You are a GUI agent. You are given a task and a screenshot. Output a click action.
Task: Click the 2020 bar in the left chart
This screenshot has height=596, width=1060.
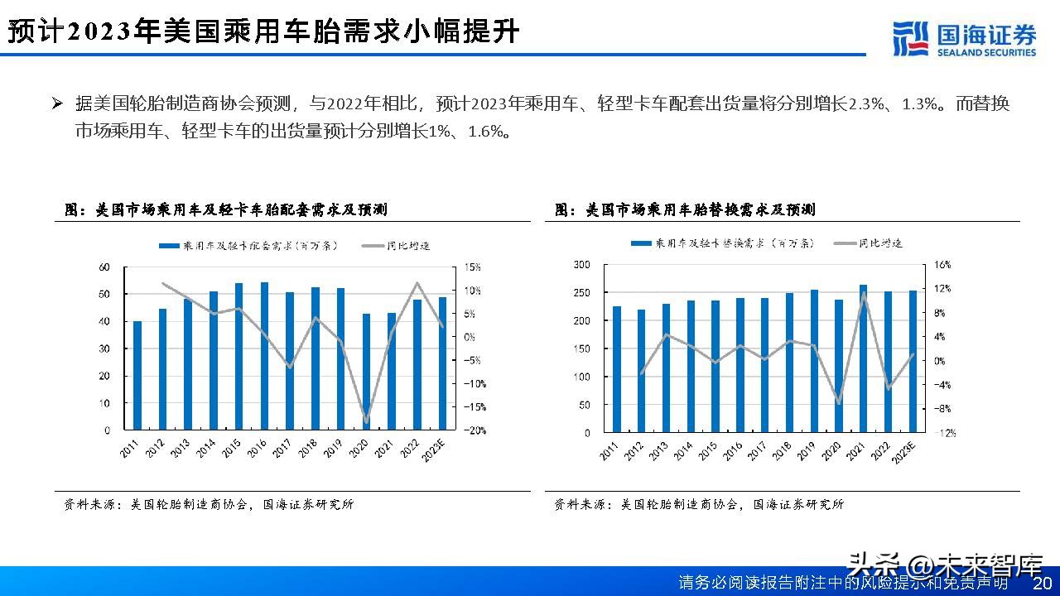point(366,372)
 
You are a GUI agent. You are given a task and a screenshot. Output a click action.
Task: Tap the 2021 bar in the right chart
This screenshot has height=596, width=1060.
point(863,358)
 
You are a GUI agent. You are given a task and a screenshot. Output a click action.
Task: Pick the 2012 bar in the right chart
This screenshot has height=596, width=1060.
point(641,371)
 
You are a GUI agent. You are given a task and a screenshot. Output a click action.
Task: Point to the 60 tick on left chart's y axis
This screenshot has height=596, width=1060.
point(104,267)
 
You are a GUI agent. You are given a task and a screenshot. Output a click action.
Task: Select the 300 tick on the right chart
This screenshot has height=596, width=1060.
point(581,265)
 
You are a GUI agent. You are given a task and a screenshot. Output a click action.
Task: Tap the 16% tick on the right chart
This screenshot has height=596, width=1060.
point(943,265)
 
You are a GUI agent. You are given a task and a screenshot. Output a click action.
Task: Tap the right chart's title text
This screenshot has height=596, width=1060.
point(685,210)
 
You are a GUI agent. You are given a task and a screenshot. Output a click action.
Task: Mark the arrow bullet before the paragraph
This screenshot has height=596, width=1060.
point(57,104)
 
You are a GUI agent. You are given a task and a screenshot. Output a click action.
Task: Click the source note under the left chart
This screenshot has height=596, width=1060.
point(209,504)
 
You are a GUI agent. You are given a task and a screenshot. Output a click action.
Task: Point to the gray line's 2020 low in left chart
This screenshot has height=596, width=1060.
point(366,421)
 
